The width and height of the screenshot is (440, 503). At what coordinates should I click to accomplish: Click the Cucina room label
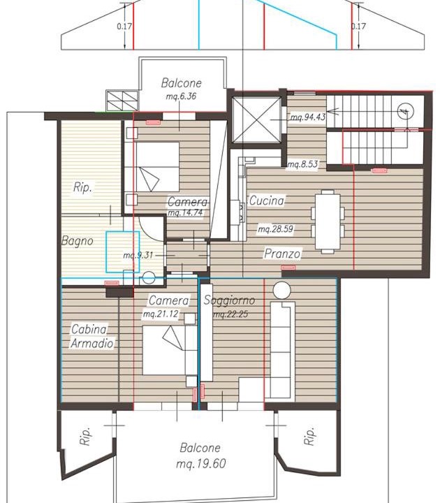[x=267, y=201]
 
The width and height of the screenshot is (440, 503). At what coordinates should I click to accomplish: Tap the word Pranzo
[x=282, y=254]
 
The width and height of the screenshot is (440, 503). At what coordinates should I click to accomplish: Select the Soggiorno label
[x=229, y=300]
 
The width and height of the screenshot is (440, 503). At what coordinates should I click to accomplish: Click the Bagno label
[x=78, y=240]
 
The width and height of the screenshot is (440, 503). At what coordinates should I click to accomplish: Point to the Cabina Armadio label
[x=92, y=336]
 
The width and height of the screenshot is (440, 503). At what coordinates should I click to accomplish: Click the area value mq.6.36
[x=181, y=96]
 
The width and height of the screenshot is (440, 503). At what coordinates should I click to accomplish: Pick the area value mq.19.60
[x=200, y=463]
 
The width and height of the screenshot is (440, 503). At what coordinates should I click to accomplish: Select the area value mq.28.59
[x=275, y=229]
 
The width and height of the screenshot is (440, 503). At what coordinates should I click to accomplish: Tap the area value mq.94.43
[x=308, y=117]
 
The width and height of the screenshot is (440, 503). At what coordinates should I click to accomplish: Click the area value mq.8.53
[x=302, y=165]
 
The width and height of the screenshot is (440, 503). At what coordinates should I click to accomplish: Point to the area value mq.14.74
[x=185, y=212]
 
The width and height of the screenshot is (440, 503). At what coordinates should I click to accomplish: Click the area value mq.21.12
[x=161, y=314]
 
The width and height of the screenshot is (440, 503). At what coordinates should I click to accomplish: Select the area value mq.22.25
[x=231, y=314]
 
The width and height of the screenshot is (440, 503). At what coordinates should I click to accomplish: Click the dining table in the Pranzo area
[x=328, y=221]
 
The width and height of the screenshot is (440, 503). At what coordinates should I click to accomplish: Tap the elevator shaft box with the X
[x=256, y=119]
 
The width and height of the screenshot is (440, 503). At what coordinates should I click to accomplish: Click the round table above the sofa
[x=282, y=291]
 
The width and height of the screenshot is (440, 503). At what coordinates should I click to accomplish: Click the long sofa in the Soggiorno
[x=282, y=351]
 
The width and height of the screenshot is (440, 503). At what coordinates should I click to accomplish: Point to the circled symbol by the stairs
[x=405, y=112]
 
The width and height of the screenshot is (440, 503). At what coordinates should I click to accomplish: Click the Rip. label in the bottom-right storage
[x=309, y=436]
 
